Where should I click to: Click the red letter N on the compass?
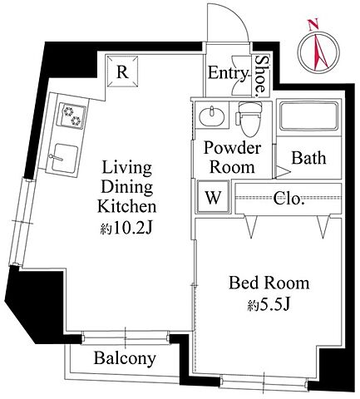pyautogui.click(x=314, y=25)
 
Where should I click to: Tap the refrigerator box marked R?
pyautogui.click(x=123, y=71)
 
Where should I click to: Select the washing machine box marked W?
pyautogui.click(x=213, y=197)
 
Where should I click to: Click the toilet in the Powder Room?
pyautogui.click(x=249, y=119)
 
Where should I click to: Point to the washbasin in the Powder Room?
pyautogui.click(x=212, y=116)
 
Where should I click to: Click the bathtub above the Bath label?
pyautogui.click(x=309, y=116)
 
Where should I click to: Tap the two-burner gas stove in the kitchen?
pyautogui.click(x=72, y=116)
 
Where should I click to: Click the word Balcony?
pyautogui.click(x=125, y=358)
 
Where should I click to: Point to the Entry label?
pyautogui.click(x=227, y=73)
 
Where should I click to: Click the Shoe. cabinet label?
pyautogui.click(x=261, y=76)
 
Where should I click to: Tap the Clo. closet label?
pyautogui.click(x=287, y=199)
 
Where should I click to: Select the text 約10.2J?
pyautogui.click(x=126, y=229)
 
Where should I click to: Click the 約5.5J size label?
pyautogui.click(x=269, y=305)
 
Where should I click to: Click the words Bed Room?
pyautogui.click(x=269, y=283)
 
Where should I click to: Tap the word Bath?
pyautogui.click(x=308, y=158)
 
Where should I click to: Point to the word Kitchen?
pyautogui.click(x=127, y=206)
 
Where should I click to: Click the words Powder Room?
pyautogui.click(x=232, y=157)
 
